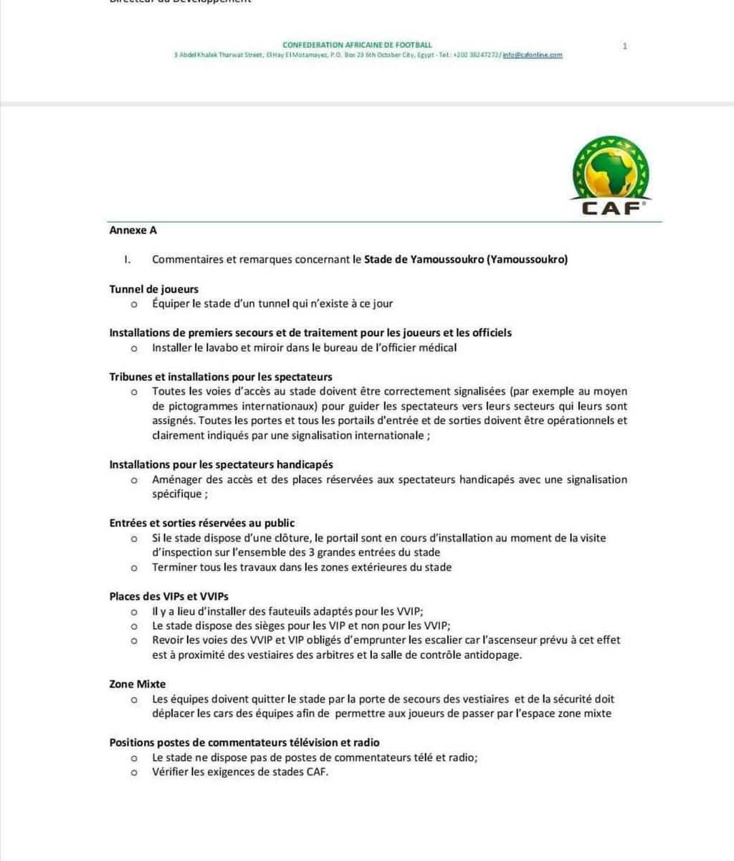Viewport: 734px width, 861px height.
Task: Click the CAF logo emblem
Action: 611,176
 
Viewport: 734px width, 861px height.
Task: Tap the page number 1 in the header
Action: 624,46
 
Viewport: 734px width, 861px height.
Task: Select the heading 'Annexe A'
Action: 133,230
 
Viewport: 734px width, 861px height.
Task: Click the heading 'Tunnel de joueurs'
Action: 153,289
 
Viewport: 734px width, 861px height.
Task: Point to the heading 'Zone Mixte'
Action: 137,684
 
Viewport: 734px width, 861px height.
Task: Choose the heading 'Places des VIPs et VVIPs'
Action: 168,596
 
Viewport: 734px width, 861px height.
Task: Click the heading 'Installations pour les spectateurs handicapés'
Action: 221,465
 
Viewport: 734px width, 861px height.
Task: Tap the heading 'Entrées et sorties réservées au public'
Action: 201,523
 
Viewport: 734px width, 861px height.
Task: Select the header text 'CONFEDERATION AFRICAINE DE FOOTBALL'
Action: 357,45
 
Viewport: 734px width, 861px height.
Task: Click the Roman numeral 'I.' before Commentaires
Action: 127,259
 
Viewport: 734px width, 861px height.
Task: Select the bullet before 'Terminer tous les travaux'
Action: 134,568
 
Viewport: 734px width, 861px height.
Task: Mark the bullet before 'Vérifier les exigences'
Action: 134,773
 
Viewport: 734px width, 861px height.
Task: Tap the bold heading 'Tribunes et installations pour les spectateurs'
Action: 221,377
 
